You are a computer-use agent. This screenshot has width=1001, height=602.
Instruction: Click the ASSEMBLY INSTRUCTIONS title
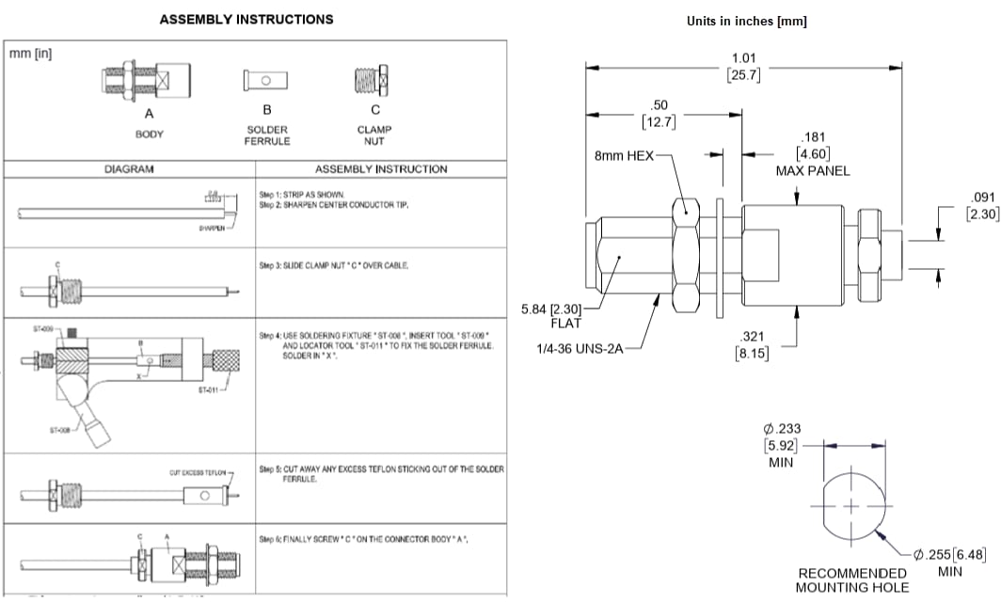tap(246, 19)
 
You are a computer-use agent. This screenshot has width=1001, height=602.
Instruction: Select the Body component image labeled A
tap(147, 83)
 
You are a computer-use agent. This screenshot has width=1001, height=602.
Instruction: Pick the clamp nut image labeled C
tap(373, 84)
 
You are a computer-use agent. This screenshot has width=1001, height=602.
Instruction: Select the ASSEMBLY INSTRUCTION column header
tap(381, 169)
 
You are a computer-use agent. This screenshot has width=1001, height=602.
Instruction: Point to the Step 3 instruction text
tap(334, 265)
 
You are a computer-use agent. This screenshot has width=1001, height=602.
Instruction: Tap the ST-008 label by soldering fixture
tap(59, 430)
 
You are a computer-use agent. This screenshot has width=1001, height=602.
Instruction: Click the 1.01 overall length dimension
tap(743, 59)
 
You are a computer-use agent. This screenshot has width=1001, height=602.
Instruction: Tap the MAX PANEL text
tap(813, 171)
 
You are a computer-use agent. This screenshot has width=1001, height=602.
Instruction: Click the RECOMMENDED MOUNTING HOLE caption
tap(852, 580)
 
